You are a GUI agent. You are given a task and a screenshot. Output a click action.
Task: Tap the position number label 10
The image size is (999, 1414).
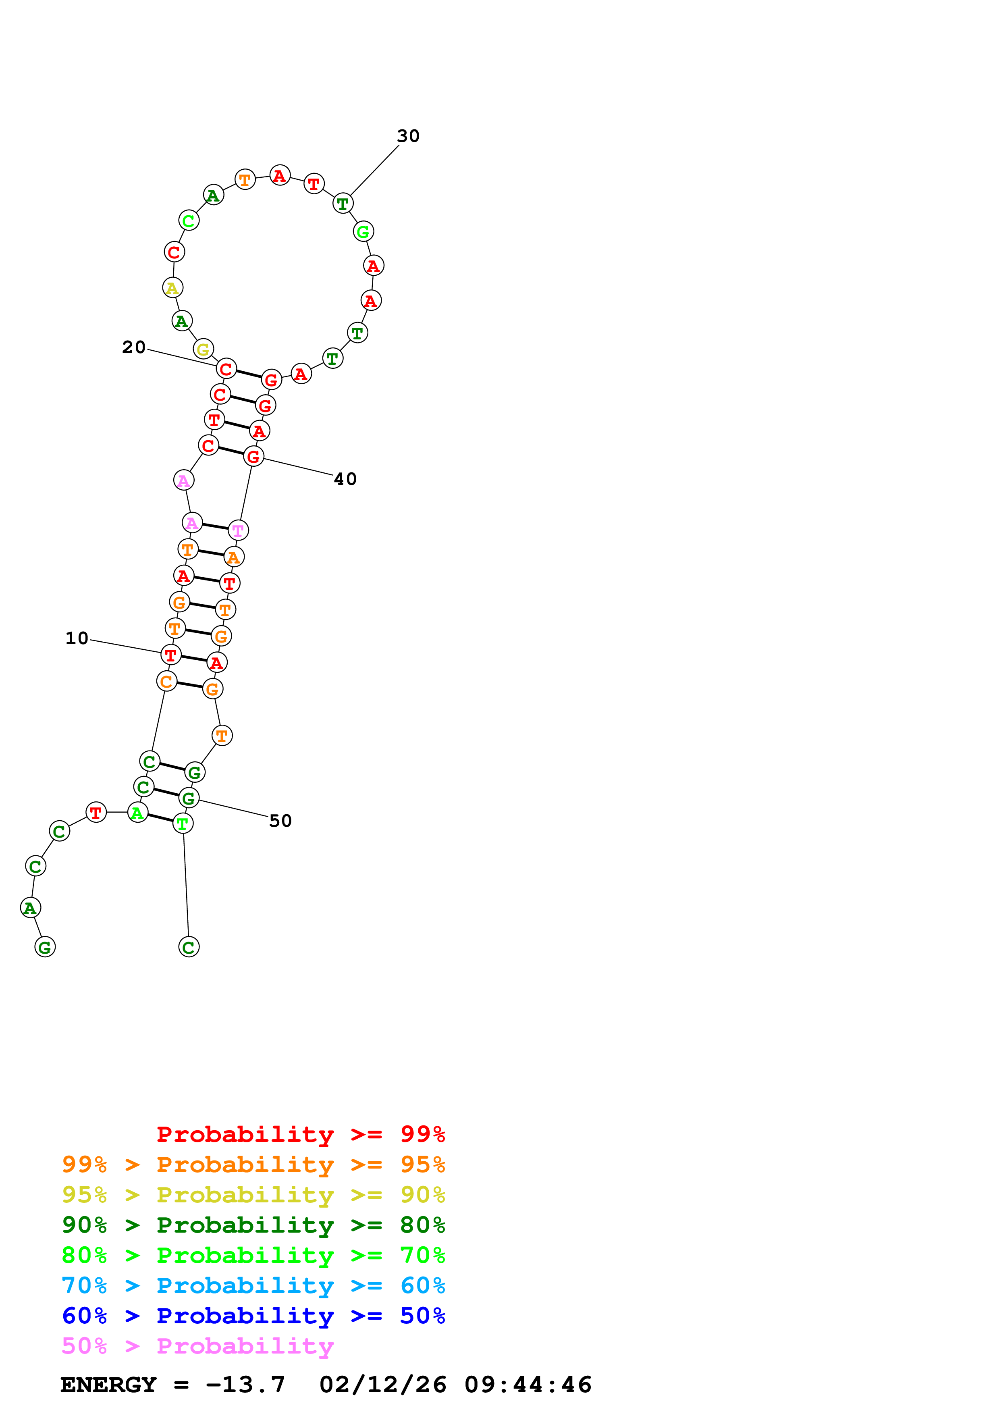pyautogui.click(x=77, y=638)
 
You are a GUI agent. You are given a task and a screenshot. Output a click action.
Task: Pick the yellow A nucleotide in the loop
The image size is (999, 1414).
pyautogui.click(x=172, y=288)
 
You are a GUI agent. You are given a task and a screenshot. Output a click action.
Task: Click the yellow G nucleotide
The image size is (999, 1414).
pyautogui.click(x=203, y=349)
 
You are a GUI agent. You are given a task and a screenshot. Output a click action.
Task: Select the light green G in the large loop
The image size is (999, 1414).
pyautogui.click(x=363, y=231)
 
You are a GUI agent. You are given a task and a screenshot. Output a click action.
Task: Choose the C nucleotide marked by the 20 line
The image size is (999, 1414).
pyautogui.click(x=226, y=369)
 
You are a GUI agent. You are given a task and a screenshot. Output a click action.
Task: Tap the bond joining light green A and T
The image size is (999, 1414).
pyautogui.click(x=160, y=818)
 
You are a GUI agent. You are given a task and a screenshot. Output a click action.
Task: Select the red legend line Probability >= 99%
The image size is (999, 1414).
pyautogui.click(x=300, y=1134)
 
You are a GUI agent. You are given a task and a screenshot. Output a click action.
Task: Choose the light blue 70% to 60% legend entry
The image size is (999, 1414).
pyautogui.click(x=253, y=1285)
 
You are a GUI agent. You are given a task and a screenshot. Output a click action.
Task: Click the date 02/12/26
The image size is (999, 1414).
pyautogui.click(x=382, y=1385)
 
